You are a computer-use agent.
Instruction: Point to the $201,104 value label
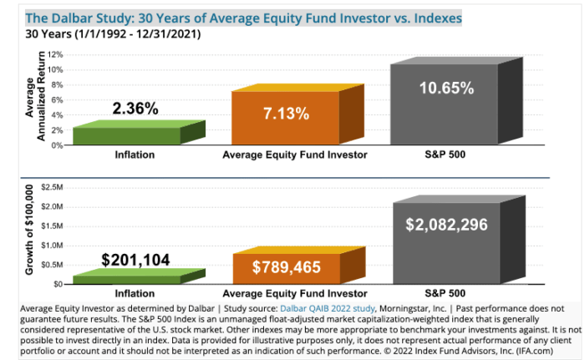pyautogui.click(x=135, y=260)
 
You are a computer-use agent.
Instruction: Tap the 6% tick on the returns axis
pyautogui.click(x=58, y=99)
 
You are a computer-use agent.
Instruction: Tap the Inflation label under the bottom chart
pyautogui.click(x=135, y=294)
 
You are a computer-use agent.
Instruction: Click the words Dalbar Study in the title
pyautogui.click(x=80, y=17)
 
